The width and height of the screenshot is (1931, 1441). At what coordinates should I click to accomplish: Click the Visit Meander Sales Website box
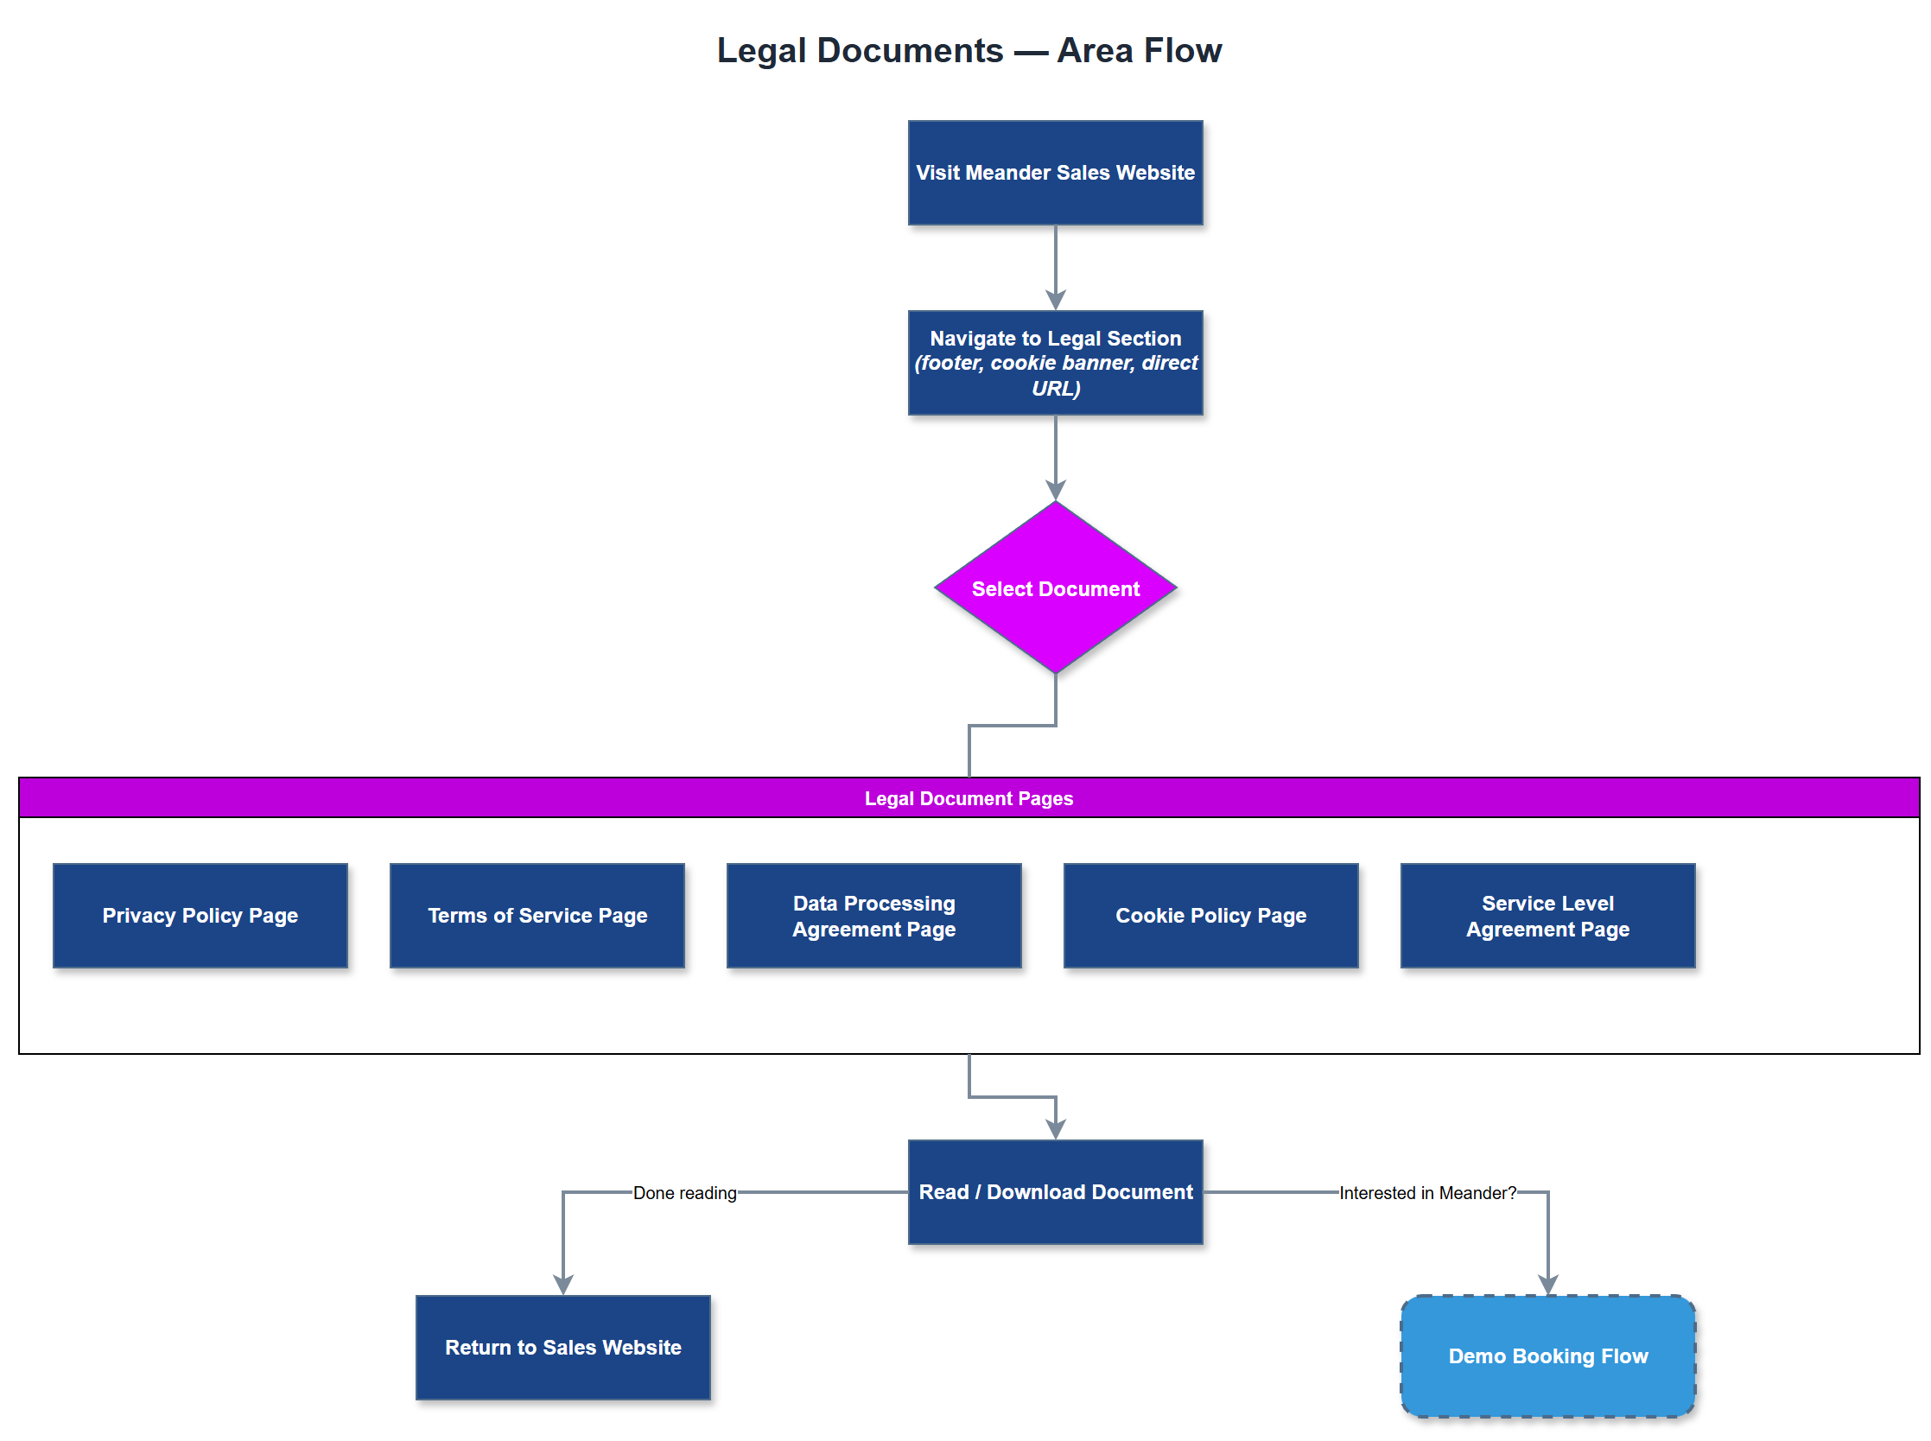(1054, 173)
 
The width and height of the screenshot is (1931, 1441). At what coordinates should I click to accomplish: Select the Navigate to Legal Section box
(1054, 362)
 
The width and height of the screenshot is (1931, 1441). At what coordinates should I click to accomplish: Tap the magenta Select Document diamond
(1054, 588)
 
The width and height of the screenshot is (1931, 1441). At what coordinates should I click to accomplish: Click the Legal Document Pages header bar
(969, 797)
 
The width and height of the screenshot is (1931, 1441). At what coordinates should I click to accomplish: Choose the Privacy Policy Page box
(200, 915)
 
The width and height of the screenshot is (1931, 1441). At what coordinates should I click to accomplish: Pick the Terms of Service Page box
(537, 915)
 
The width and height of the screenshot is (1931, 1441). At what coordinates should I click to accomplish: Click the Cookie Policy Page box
(1210, 915)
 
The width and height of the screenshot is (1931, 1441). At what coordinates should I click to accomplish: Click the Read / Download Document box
(1054, 1190)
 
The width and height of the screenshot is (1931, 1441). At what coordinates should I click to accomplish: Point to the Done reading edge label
(683, 1191)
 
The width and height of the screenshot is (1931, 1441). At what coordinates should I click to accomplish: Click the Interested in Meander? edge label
(1427, 1191)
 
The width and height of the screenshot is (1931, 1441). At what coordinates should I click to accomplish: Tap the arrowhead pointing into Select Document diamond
(1054, 490)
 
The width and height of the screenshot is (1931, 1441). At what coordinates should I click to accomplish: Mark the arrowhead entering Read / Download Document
(1054, 1129)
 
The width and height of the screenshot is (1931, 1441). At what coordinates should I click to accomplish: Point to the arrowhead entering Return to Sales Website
(562, 1284)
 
